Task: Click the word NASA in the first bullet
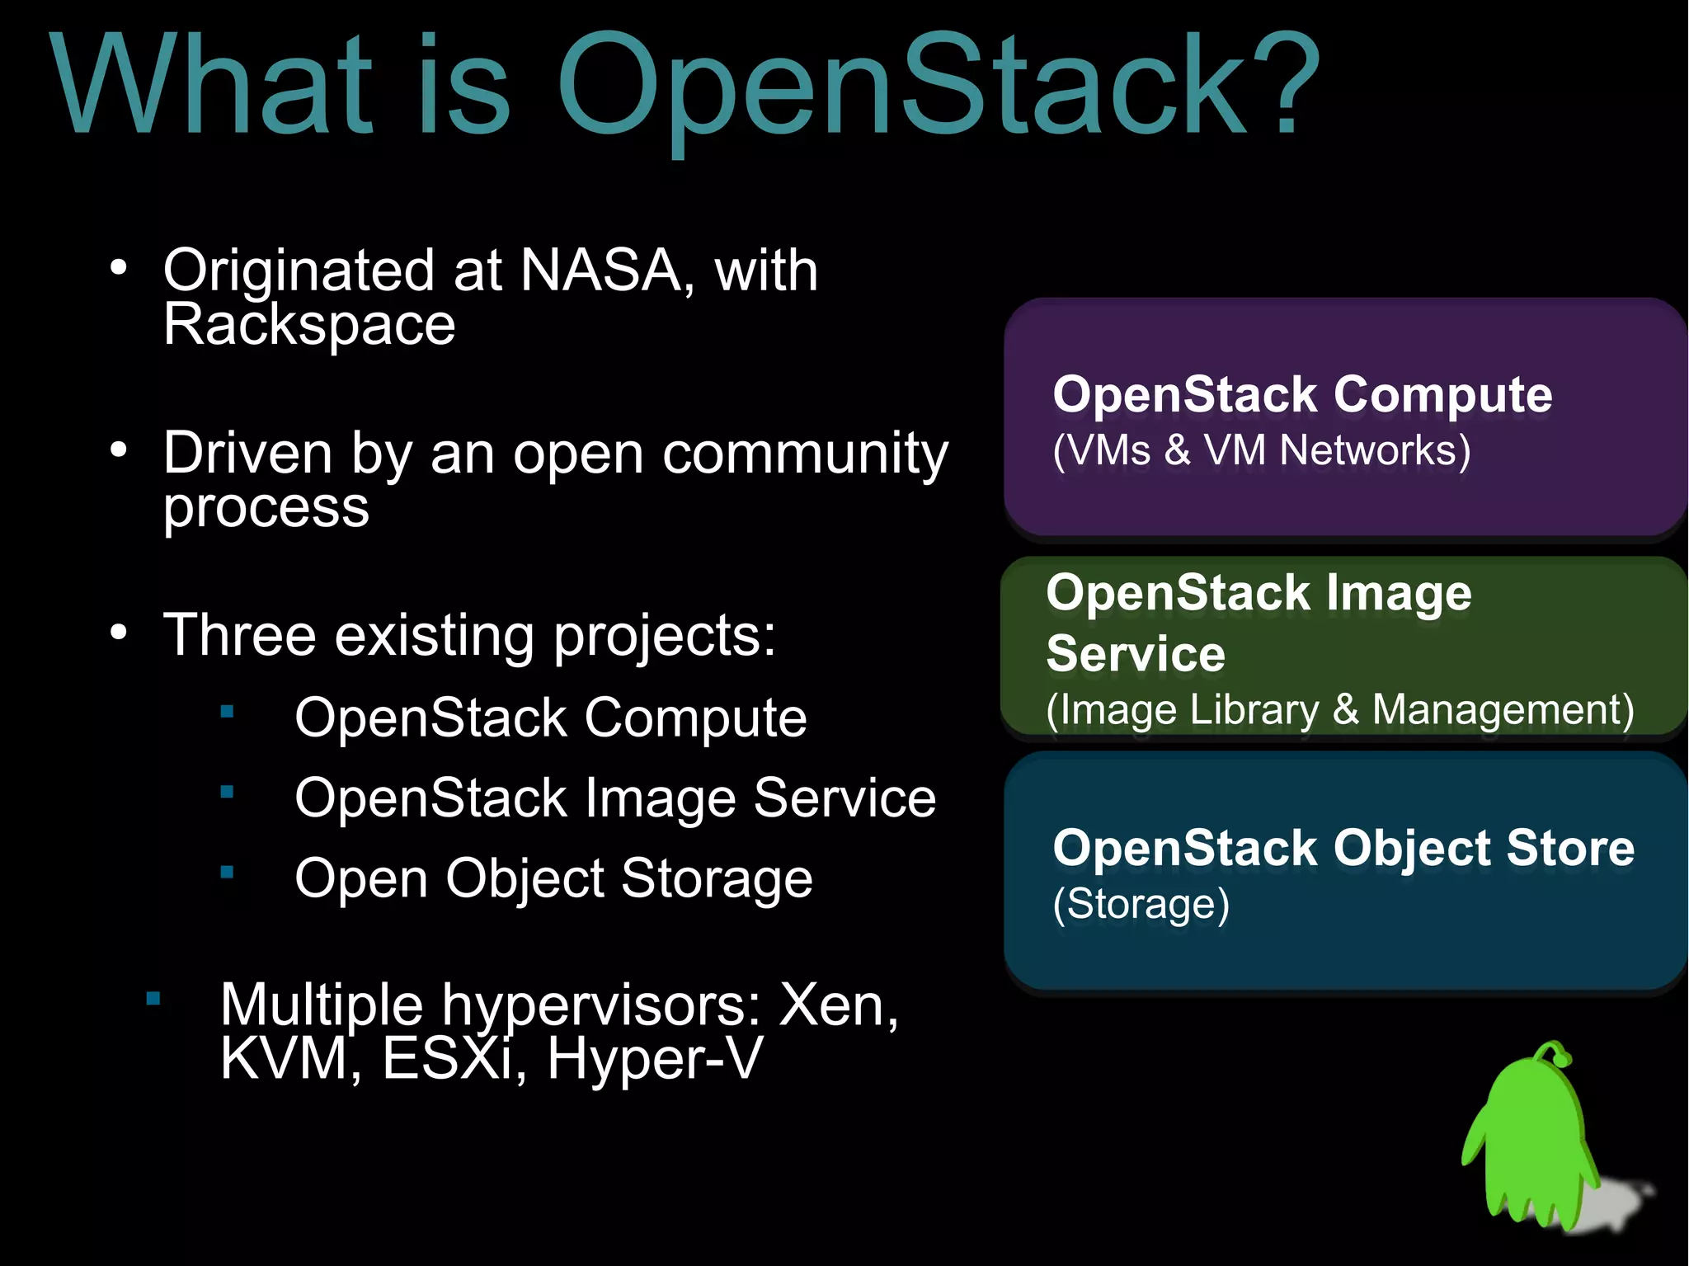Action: point(600,270)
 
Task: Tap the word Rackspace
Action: point(309,324)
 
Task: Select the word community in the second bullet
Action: point(805,454)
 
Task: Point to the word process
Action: point(266,507)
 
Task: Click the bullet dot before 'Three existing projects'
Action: point(119,633)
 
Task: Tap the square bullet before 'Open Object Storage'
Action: point(228,872)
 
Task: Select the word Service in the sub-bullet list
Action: point(844,798)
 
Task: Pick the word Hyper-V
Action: point(654,1058)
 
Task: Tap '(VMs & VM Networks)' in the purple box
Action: point(1261,451)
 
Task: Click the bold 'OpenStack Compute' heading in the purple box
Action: point(1302,394)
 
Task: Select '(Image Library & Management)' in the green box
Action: point(1339,709)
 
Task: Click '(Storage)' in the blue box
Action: point(1141,904)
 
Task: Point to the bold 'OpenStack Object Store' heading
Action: point(1343,848)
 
